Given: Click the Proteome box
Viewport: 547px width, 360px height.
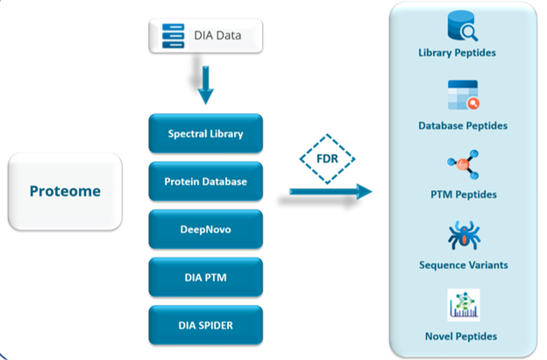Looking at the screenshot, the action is tap(65, 191).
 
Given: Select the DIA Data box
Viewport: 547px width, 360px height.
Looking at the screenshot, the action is tap(205, 36).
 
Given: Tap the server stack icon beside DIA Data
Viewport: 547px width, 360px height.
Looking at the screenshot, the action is tap(173, 36).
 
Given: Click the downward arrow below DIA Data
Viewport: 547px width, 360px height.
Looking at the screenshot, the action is tap(205, 85).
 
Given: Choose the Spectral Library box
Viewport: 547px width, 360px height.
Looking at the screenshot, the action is tap(205, 133).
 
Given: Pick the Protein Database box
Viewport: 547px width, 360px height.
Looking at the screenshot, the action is tap(205, 181).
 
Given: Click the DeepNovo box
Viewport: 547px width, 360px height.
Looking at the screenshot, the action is tap(205, 229).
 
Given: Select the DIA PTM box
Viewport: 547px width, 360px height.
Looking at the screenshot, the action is tap(205, 277).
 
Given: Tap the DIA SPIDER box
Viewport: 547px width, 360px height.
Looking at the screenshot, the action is tap(205, 325).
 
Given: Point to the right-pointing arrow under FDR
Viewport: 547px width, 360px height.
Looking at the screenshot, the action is tap(330, 191).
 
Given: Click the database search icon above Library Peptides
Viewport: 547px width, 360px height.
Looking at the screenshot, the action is tap(463, 25).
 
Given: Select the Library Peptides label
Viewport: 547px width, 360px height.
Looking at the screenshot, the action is tap(457, 53).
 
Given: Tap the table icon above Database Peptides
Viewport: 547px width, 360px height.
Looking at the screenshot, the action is tap(463, 95).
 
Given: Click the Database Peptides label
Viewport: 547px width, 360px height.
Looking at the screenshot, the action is tap(463, 125).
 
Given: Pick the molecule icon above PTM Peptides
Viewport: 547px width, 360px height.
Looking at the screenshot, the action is tap(463, 164).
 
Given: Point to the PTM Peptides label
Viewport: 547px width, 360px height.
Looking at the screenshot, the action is tap(464, 194).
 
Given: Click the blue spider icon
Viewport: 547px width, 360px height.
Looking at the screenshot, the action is tap(464, 236).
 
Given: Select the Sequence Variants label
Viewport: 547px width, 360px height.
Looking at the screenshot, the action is tap(464, 265).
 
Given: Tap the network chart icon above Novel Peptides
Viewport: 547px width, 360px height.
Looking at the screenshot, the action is tap(464, 305).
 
